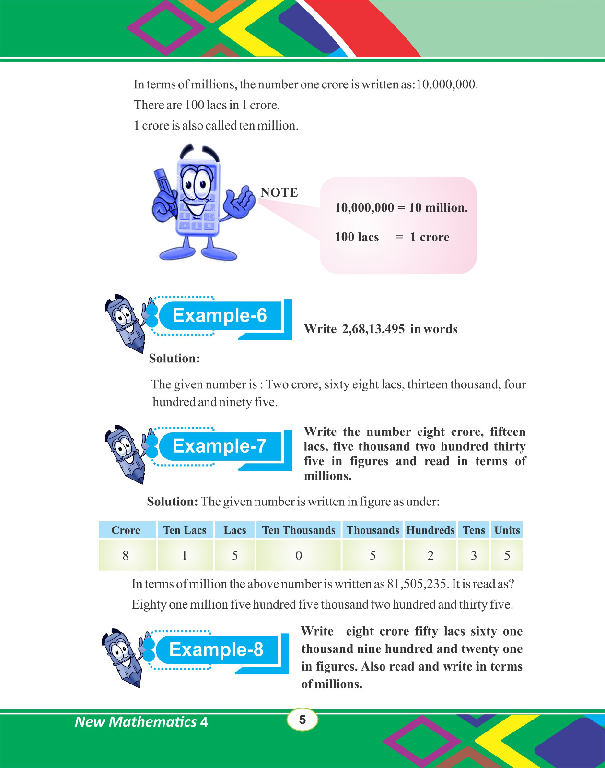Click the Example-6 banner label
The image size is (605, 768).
point(219,316)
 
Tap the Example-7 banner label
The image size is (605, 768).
point(219,446)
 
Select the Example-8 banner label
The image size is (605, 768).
point(216,650)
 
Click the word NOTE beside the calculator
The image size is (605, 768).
point(279,192)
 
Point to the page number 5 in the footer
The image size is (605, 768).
point(302,720)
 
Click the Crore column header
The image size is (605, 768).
point(126,530)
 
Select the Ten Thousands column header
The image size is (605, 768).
point(298,530)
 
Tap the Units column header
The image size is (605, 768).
point(507,530)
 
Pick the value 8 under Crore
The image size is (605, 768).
point(126,555)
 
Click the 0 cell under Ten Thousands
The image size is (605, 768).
point(298,555)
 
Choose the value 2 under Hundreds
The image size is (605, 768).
point(430,555)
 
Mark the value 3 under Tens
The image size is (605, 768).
point(474,555)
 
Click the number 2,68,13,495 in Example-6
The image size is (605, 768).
point(373,329)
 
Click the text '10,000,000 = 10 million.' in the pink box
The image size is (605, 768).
point(401,208)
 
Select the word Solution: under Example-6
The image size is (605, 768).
point(174,359)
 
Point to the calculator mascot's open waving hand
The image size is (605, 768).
point(240,202)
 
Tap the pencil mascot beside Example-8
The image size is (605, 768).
point(123,657)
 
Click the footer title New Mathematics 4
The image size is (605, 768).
point(141,722)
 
